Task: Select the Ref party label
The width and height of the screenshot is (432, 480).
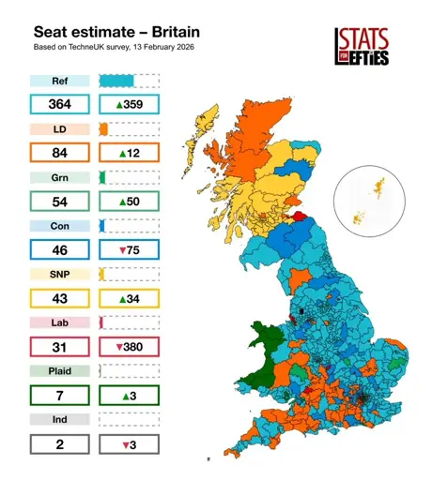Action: pyautogui.click(x=59, y=81)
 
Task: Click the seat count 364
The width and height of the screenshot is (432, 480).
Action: pyautogui.click(x=59, y=104)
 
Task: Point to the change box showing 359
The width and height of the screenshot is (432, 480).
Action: pyautogui.click(x=129, y=104)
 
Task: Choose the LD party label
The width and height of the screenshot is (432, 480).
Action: pyautogui.click(x=59, y=128)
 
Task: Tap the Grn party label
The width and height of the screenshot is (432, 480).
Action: pyautogui.click(x=59, y=176)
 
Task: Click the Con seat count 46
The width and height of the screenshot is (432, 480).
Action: pyautogui.click(x=59, y=249)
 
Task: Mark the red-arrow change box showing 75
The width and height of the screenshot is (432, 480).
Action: pyautogui.click(x=129, y=249)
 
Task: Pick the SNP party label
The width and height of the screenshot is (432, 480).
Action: pyautogui.click(x=59, y=274)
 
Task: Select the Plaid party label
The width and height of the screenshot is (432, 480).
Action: pyautogui.click(x=59, y=371)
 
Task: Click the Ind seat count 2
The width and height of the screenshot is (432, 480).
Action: pyautogui.click(x=59, y=444)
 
